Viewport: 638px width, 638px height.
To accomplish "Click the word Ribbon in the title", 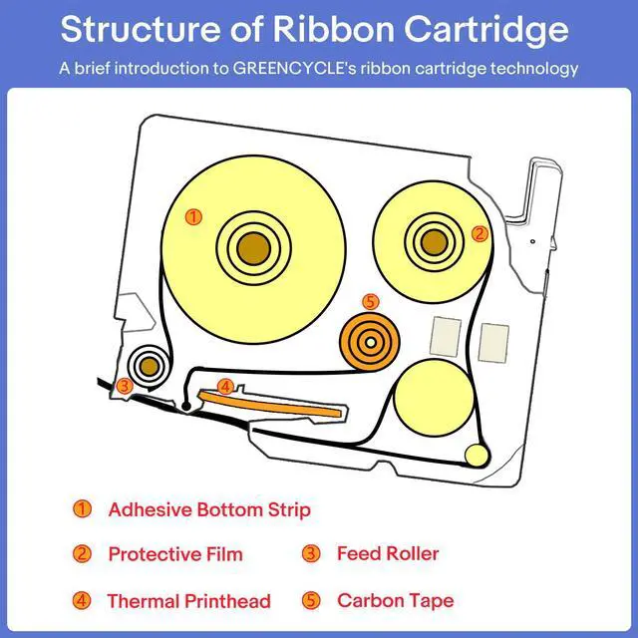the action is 334,29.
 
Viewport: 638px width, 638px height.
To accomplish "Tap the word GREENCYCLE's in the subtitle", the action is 295,68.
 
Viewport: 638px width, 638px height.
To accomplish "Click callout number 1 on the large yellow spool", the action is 193,217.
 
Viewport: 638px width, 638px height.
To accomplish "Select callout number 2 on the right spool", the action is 479,234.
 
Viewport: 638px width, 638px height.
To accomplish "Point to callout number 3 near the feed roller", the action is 125,386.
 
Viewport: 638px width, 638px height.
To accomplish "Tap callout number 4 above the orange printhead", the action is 225,387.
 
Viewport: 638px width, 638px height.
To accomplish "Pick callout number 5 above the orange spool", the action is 370,302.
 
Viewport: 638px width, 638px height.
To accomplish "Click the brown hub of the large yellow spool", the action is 254,248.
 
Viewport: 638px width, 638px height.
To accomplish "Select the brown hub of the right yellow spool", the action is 435,242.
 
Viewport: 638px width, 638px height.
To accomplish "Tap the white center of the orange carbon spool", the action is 370,343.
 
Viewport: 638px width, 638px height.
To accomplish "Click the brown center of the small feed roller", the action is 150,367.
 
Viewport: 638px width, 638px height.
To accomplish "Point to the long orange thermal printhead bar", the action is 270,404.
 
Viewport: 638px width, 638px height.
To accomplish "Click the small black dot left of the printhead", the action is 186,406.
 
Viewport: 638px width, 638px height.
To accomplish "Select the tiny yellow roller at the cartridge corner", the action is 477,456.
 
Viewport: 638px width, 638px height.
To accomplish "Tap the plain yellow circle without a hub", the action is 435,398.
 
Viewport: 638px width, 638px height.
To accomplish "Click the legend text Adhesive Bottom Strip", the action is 209,509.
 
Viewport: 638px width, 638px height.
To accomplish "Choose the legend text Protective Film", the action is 175,554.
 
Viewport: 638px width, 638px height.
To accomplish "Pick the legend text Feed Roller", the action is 388,553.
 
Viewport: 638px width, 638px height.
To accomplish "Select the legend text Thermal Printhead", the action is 188,601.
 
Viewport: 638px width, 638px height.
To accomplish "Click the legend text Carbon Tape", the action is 396,600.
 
